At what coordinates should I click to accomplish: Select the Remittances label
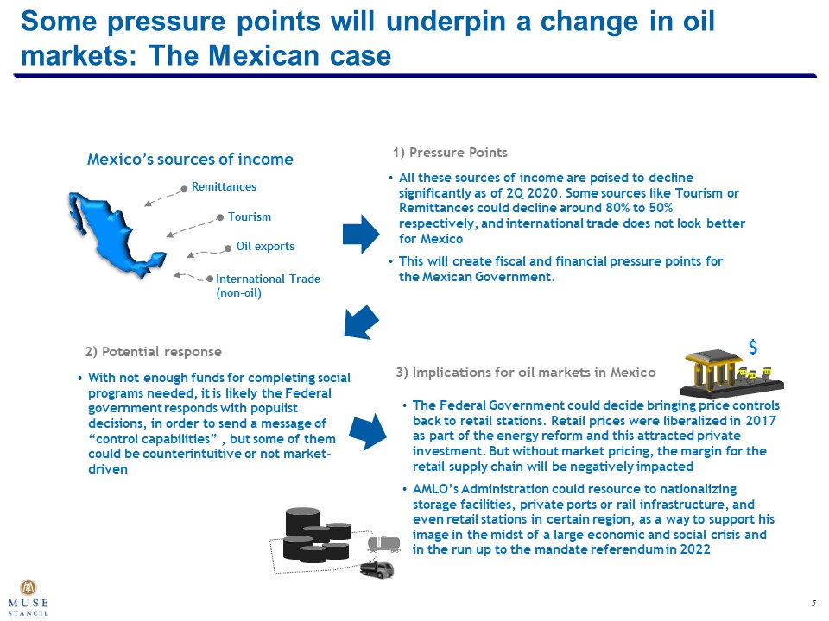pos(224,186)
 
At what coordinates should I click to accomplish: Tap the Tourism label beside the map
pos(249,216)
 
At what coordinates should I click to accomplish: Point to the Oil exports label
pos(265,246)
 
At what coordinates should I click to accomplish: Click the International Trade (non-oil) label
pos(268,285)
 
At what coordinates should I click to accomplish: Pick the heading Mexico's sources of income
pos(190,159)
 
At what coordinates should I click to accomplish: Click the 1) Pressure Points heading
pos(450,153)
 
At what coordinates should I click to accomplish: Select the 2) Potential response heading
pos(154,352)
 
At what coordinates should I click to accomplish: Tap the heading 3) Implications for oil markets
pos(526,373)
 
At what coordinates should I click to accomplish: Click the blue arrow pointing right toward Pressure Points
pos(361,234)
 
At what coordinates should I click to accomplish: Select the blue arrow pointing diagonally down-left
pos(361,322)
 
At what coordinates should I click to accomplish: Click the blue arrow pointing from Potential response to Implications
pos(369,431)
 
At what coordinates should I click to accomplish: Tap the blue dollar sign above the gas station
pos(753,347)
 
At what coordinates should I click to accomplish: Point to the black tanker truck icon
pos(377,570)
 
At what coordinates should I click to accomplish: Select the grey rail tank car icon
pos(383,544)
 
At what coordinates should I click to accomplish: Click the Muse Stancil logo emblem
pos(28,587)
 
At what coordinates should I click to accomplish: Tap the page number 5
pos(813,603)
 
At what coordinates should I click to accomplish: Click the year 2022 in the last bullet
pos(695,549)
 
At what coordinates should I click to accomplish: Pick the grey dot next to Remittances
pos(184,189)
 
